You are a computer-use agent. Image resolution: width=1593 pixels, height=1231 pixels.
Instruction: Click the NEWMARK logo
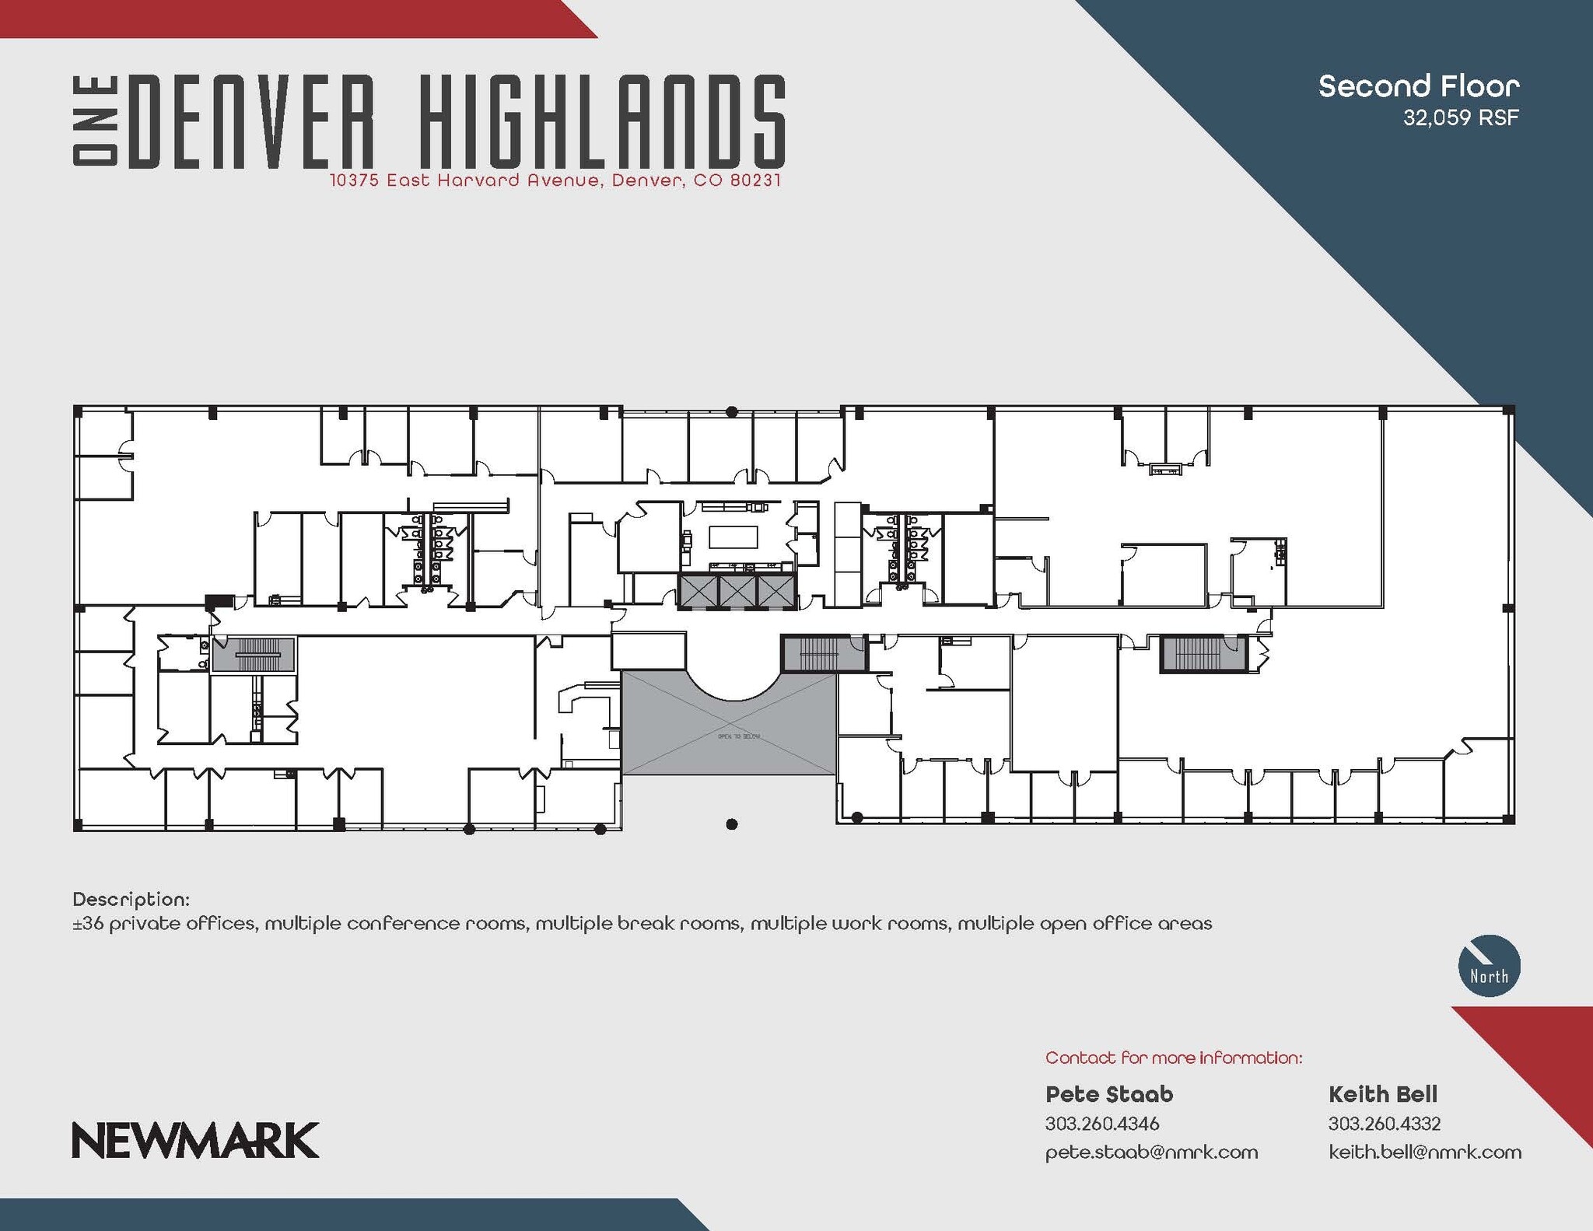[x=195, y=1140]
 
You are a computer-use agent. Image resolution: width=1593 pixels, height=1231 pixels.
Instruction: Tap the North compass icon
[x=1489, y=966]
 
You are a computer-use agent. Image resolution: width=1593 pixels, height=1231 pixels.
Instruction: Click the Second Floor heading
[x=1419, y=86]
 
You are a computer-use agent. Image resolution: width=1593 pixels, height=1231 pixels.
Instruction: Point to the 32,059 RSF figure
[x=1461, y=118]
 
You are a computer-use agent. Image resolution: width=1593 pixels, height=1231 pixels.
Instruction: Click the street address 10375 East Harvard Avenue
[x=464, y=181]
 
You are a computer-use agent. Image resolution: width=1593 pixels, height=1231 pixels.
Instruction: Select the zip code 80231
[x=755, y=181]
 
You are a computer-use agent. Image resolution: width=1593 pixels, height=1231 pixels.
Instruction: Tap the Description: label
[x=131, y=900]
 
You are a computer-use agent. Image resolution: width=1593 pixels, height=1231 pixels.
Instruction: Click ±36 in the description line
[x=87, y=924]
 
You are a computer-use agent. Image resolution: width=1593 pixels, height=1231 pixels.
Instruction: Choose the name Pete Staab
[x=1108, y=1094]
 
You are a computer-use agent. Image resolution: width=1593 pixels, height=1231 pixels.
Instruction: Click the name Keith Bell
[x=1382, y=1094]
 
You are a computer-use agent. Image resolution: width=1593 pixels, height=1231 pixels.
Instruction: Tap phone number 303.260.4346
[x=1101, y=1124]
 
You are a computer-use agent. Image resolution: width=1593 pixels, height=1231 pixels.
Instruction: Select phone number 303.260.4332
[x=1384, y=1124]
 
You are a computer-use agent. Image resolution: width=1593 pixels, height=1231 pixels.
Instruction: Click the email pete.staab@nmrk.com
[x=1151, y=1152]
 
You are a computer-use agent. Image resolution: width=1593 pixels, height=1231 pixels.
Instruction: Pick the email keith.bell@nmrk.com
[x=1425, y=1152]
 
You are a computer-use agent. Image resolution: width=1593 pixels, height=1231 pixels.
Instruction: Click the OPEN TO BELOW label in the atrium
[x=738, y=736]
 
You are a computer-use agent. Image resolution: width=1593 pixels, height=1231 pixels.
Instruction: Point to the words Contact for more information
[x=1173, y=1058]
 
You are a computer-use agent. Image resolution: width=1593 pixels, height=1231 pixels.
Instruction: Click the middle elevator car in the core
[x=737, y=591]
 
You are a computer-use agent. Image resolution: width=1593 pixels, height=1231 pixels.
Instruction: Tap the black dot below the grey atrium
[x=731, y=824]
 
